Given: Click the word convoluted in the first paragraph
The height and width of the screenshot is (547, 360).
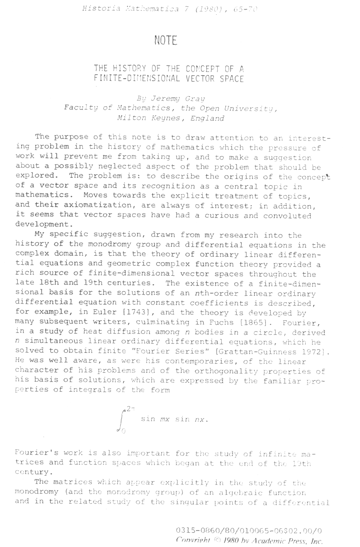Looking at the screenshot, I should pyautogui.click(x=287, y=216).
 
